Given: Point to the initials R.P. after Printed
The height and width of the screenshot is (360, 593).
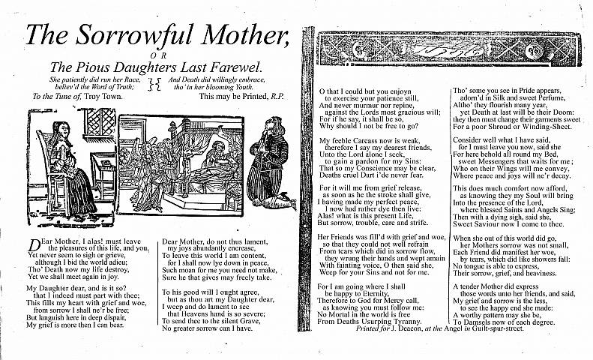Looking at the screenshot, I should (277, 97).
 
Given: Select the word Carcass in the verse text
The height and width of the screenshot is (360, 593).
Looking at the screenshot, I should (365, 140).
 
